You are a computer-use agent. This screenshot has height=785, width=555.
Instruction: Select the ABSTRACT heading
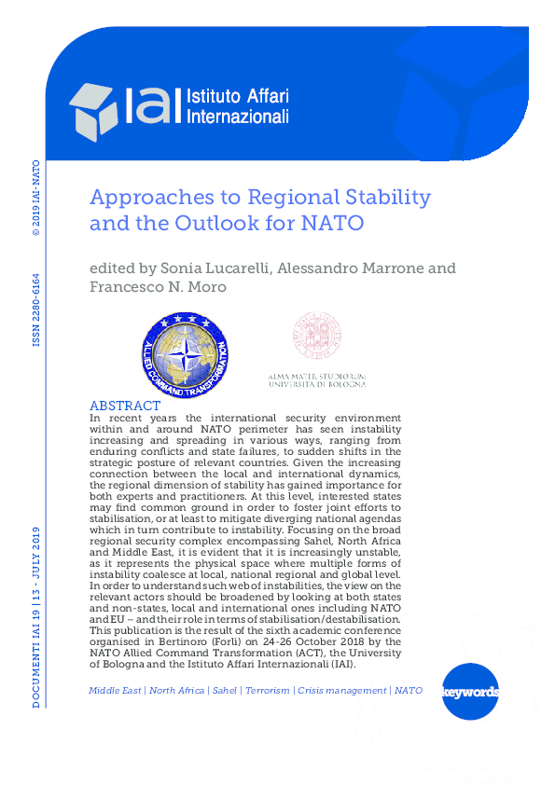(123, 406)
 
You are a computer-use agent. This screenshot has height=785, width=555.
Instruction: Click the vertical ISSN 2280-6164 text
(36, 309)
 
